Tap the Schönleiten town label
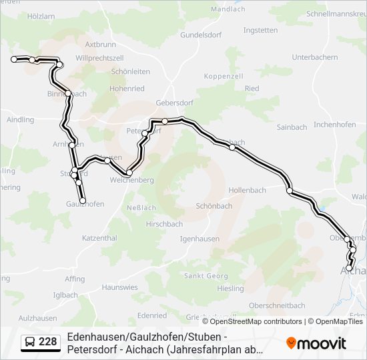click(x=130, y=71)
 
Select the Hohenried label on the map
click(x=127, y=88)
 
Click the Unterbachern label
click(x=314, y=57)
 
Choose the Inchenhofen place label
click(x=334, y=125)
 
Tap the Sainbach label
click(x=292, y=127)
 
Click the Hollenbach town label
click(x=247, y=190)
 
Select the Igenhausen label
click(x=200, y=238)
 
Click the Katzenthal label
click(x=99, y=238)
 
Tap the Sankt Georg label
click(x=206, y=276)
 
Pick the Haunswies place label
click(x=120, y=287)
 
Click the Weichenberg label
click(x=131, y=181)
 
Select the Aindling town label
click(x=20, y=120)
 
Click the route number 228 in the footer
click(x=47, y=343)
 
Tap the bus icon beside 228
click(x=30, y=343)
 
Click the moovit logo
click(x=316, y=343)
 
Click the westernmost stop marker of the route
click(x=14, y=59)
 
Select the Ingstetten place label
click(x=260, y=31)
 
